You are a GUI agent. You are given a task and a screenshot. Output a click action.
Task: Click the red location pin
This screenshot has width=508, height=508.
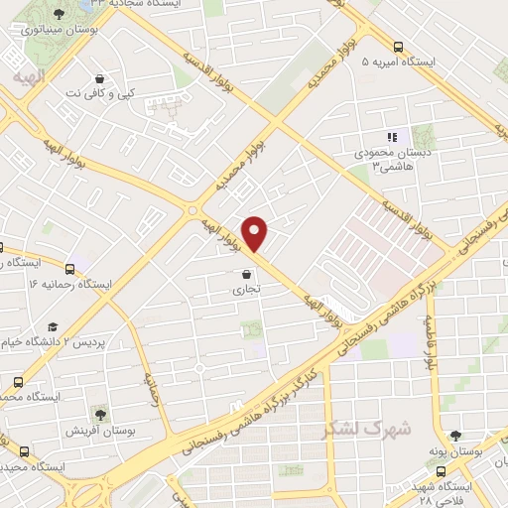pyautogui.click(x=256, y=232)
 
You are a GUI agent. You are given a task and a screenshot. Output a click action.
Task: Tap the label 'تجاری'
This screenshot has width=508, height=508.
pyautogui.click(x=246, y=291)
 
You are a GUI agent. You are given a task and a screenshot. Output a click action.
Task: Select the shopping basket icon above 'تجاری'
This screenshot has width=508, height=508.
pyautogui.click(x=246, y=274)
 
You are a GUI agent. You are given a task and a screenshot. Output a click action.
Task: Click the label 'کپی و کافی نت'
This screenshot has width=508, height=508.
pyautogui.click(x=100, y=92)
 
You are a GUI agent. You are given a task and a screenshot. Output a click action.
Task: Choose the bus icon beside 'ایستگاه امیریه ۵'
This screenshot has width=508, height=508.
pyautogui.click(x=398, y=47)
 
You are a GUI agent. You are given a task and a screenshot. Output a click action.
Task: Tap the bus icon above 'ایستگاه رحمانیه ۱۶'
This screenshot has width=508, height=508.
pyautogui.click(x=69, y=268)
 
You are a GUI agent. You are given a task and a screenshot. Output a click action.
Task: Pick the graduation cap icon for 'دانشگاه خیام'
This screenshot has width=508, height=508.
pyautogui.click(x=52, y=326)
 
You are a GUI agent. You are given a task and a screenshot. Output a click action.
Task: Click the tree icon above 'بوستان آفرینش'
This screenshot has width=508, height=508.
pyautogui.click(x=99, y=413)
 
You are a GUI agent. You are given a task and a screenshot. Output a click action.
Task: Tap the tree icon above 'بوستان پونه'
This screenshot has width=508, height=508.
pyautogui.click(x=455, y=435)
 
